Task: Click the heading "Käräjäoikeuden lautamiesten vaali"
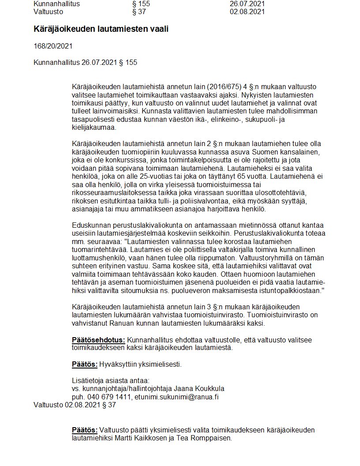click(101, 29)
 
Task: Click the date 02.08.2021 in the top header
click(247, 11)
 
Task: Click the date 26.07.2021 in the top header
click(247, 4)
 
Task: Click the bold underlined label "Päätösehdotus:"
click(98, 340)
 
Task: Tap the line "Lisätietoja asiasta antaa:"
click(110, 380)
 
